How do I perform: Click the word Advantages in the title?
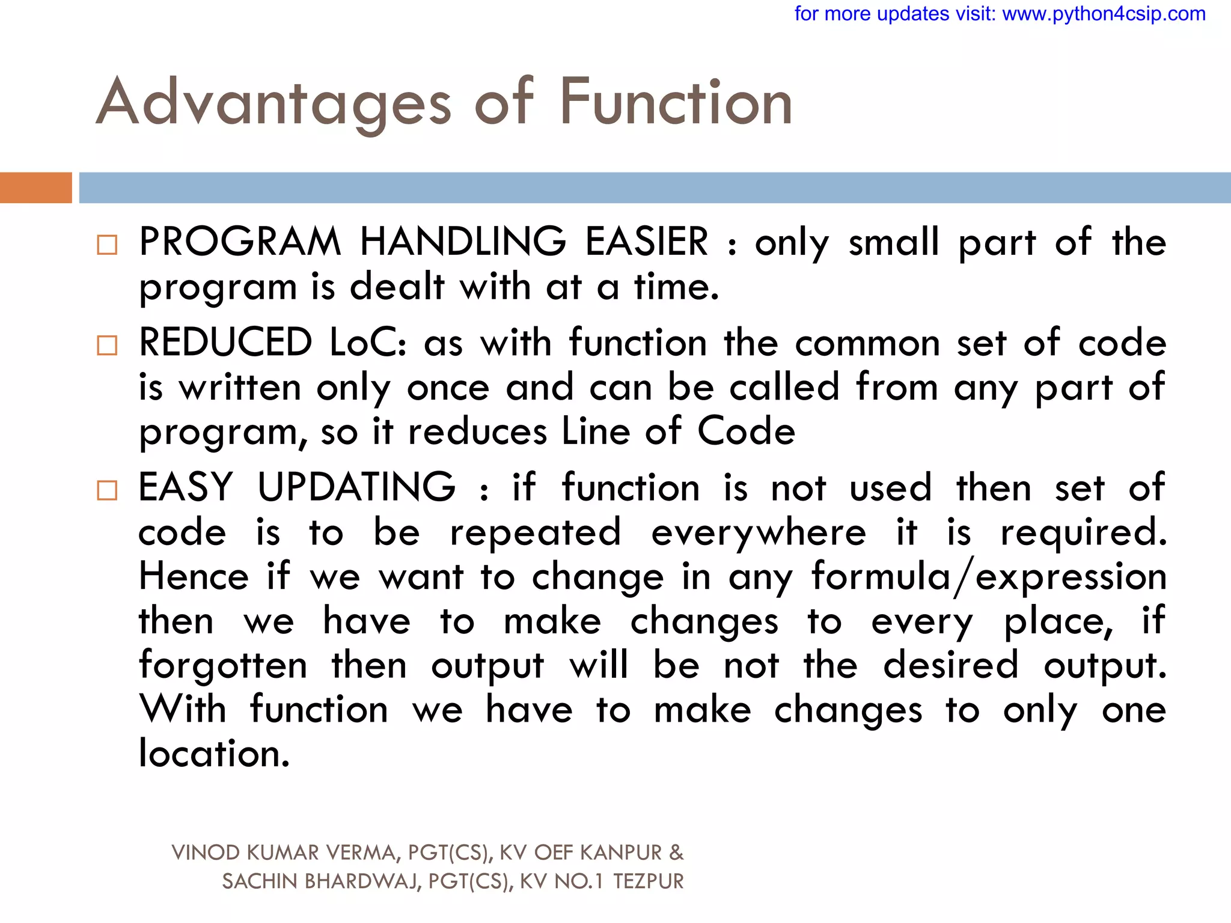273,103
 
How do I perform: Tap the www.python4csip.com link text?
1104,13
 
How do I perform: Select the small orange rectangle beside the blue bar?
35,187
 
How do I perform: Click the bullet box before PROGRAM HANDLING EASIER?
107,245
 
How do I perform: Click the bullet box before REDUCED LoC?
107,345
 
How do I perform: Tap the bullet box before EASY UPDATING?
107,490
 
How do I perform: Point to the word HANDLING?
463,242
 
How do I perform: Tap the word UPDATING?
356,487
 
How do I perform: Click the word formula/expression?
989,577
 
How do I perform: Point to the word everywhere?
759,532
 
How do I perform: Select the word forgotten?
223,665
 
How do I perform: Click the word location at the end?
214,754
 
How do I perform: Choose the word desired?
950,665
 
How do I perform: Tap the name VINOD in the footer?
206,853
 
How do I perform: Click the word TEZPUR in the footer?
648,882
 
